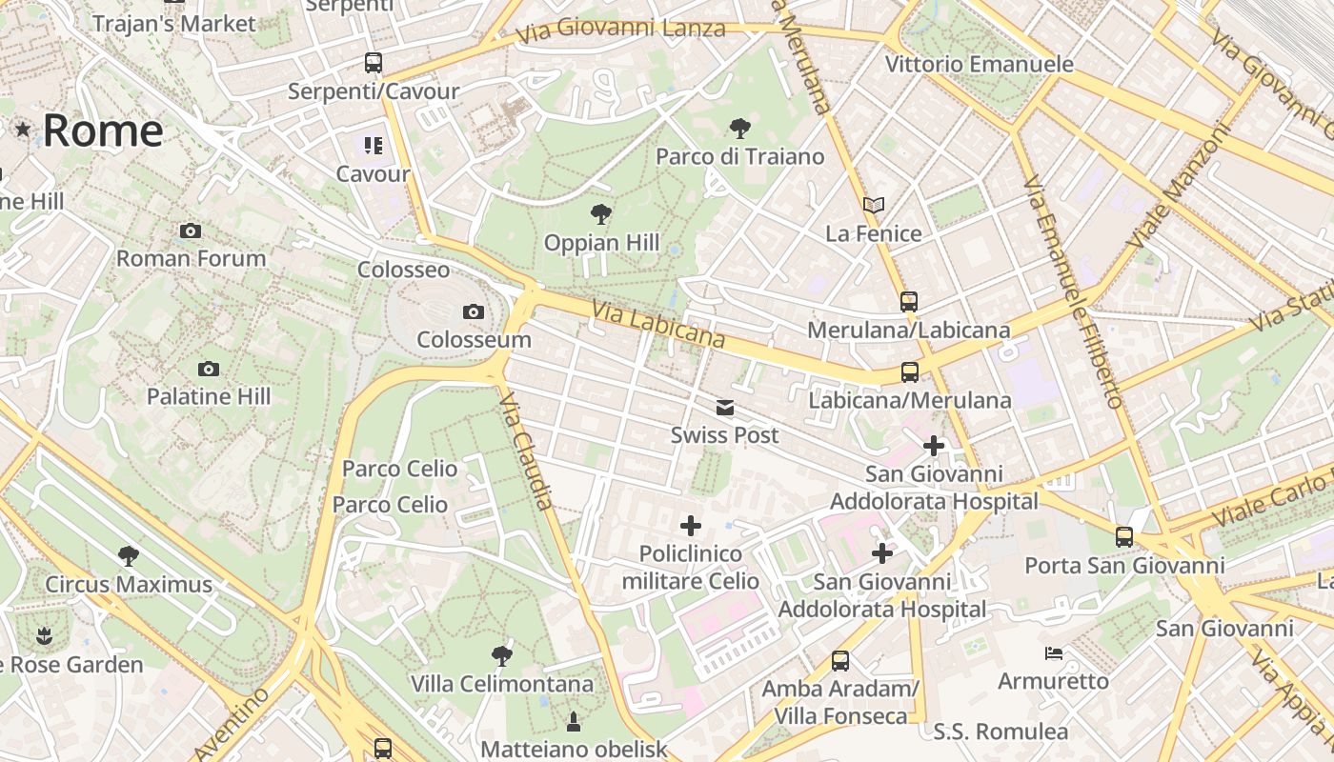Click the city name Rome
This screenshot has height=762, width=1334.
point(103,130)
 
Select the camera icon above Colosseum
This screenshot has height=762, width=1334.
point(473,311)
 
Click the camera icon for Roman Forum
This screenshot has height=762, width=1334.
point(191,231)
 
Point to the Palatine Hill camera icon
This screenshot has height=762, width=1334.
point(209,369)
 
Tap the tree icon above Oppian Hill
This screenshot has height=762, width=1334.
point(601,213)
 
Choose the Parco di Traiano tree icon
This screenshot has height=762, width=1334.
point(739,128)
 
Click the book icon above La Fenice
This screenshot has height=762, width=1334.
point(874,205)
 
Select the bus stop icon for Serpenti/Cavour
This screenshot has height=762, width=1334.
point(374,63)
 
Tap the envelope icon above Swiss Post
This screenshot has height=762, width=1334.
point(725,408)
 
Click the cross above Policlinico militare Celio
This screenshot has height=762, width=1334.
point(691,526)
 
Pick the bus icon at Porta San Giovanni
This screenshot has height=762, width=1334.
point(1124,537)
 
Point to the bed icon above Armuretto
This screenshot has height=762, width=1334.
point(1054,653)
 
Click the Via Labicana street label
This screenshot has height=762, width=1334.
point(657,325)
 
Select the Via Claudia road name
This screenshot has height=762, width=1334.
point(526,451)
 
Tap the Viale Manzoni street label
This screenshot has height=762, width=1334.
point(1179,188)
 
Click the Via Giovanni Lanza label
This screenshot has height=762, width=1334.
point(620,30)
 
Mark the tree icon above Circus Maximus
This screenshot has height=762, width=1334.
point(129,555)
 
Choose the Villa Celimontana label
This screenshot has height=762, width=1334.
point(502,684)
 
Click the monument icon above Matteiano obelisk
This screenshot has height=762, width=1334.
point(574,721)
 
